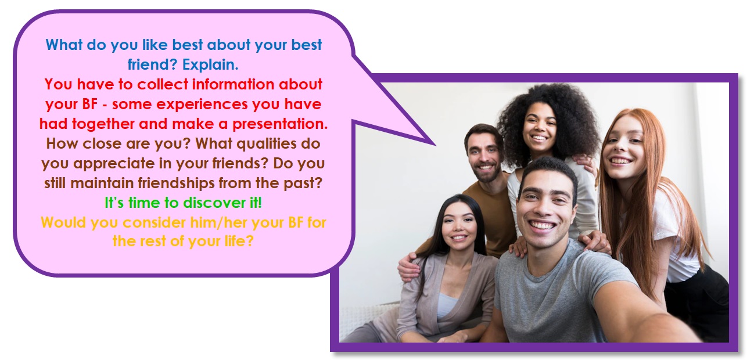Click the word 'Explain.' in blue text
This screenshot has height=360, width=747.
coord(210,64)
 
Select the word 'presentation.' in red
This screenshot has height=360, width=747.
coord(280,124)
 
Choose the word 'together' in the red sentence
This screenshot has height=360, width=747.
coord(103,124)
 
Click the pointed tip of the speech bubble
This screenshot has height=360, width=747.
coord(435,145)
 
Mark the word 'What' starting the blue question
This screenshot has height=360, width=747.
coord(64,45)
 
